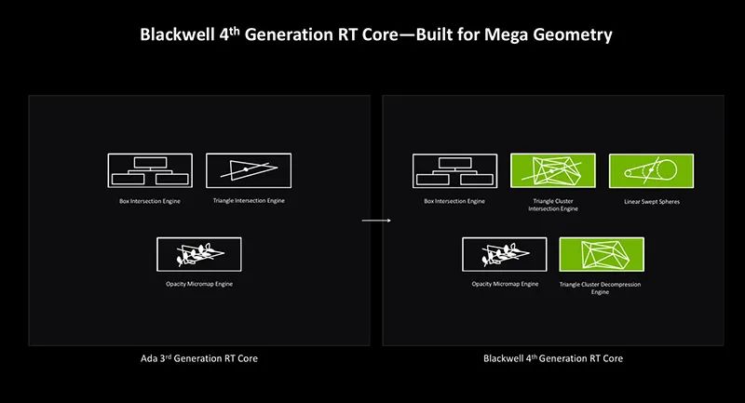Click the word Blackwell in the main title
(x=177, y=34)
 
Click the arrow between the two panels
(x=376, y=221)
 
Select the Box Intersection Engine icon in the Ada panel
(x=150, y=170)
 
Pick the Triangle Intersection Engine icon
(x=249, y=170)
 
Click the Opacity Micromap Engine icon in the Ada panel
(x=199, y=254)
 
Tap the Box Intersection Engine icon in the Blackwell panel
(x=455, y=171)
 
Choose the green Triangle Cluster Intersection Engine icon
(x=553, y=170)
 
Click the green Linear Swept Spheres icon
(x=651, y=170)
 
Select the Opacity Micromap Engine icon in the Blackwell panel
(x=505, y=254)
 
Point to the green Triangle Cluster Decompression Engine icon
(x=602, y=254)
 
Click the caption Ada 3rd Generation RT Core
(x=199, y=358)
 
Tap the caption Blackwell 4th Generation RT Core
(x=553, y=358)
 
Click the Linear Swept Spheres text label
(x=652, y=202)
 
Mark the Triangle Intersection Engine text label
(x=249, y=201)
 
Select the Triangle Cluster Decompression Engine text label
(x=600, y=289)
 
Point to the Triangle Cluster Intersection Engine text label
(x=553, y=205)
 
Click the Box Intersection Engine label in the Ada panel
(x=150, y=201)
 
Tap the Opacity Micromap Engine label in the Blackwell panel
(x=505, y=284)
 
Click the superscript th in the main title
(x=235, y=31)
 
